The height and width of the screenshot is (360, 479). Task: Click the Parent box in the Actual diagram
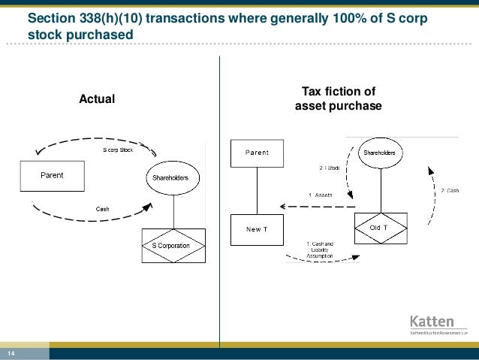pos(52,176)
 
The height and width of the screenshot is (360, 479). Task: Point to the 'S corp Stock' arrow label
pos(118,150)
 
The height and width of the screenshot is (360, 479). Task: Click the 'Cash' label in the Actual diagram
pos(103,209)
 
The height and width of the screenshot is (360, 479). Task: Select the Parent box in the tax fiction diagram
pos(256,153)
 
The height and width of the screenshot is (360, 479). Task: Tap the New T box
pos(256,228)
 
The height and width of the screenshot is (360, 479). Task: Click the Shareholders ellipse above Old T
pos(379,153)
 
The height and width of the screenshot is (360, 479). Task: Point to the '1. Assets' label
pos(321,195)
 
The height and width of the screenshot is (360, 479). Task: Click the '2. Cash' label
pos(450,190)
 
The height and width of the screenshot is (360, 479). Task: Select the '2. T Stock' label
pos(329,168)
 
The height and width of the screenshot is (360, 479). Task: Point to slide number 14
pos(12,353)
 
